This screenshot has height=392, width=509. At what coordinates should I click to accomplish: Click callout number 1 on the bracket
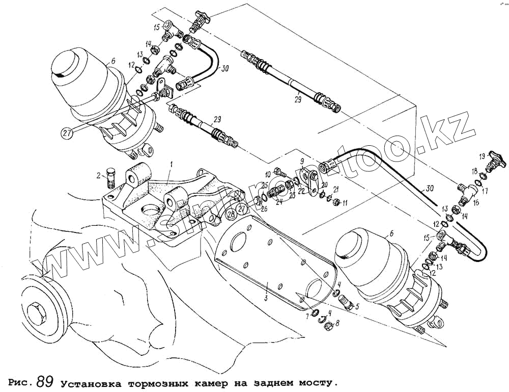tap(172, 164)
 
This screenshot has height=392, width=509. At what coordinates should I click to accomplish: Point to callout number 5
tap(357, 307)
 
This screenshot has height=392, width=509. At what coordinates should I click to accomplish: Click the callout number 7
tap(307, 317)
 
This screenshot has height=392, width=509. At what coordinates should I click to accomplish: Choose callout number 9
tap(301, 163)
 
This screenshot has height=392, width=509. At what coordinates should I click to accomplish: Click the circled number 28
tap(231, 214)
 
